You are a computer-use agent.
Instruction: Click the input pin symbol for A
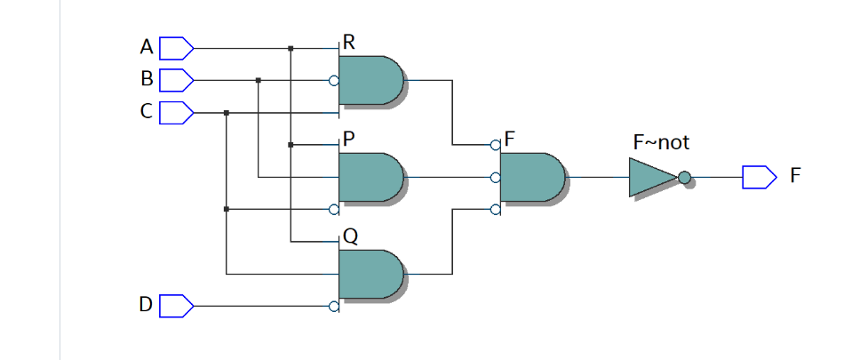click(176, 46)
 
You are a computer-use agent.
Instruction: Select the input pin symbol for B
click(176, 80)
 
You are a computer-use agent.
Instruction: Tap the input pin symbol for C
click(176, 113)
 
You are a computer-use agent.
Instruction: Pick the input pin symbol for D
click(176, 306)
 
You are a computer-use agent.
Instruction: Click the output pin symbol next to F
click(758, 177)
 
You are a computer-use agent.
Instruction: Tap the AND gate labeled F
click(531, 177)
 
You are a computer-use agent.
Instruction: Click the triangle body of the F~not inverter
click(651, 177)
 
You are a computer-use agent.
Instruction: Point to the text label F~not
click(660, 142)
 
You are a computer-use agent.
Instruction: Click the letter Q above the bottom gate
click(350, 236)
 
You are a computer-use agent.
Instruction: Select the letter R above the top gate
click(349, 43)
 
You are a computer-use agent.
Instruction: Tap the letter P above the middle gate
click(349, 140)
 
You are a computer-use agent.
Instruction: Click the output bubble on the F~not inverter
click(684, 177)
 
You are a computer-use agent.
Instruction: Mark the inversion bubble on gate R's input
click(334, 80)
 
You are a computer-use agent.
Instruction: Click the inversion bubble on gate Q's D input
click(334, 306)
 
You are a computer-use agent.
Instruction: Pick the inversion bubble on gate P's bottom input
click(334, 210)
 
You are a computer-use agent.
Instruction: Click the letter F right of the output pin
click(795, 175)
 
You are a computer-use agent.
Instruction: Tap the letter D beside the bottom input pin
click(146, 306)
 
